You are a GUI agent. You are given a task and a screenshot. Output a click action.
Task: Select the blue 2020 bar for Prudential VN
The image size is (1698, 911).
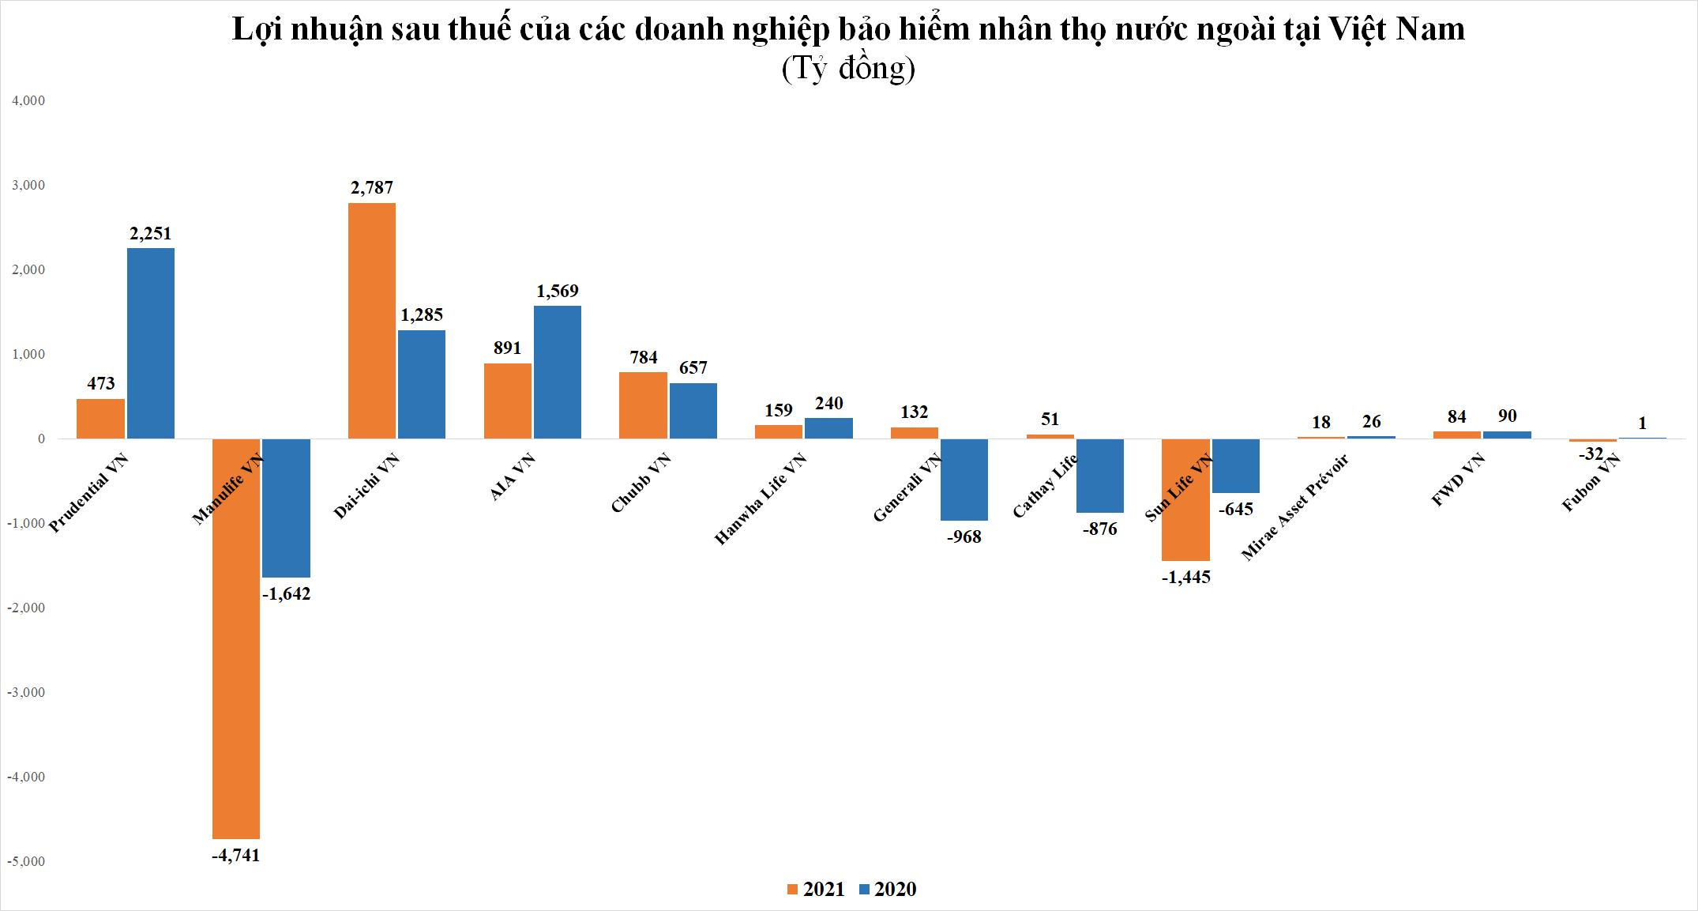coord(151,343)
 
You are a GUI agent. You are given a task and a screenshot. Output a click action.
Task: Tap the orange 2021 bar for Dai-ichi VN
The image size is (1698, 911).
coord(372,321)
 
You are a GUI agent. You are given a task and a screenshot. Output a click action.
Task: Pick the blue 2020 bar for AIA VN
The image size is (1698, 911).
coord(558,372)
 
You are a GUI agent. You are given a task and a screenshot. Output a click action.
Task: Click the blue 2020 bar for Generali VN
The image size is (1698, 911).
coord(964,480)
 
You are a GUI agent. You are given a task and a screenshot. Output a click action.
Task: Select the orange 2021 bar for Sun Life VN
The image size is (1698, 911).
coord(1185,499)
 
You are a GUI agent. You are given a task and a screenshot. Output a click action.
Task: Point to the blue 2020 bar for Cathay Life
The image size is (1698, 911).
coord(1100,476)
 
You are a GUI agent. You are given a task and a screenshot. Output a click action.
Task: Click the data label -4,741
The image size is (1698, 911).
coord(235,855)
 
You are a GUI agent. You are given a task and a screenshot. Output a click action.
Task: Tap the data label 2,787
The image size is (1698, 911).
coord(372,187)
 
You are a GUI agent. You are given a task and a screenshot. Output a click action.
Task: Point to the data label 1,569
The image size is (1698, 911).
coord(558,291)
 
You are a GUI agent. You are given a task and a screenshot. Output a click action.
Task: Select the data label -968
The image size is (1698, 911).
coord(964,536)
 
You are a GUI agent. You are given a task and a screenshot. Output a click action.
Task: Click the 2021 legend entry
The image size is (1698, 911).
coord(816,889)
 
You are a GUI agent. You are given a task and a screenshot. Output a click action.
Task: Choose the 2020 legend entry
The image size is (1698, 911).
coord(888,889)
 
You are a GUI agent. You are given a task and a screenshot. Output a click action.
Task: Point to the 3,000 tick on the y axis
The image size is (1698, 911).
coord(28,185)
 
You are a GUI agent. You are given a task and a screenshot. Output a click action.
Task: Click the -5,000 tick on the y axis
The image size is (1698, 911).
coord(26,861)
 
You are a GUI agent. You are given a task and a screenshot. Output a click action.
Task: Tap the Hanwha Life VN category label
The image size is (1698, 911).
coord(760,499)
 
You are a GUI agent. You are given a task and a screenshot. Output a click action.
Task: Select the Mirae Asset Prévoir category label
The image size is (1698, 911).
coord(1294,508)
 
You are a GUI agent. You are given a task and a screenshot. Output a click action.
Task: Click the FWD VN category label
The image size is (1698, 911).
coord(1458,480)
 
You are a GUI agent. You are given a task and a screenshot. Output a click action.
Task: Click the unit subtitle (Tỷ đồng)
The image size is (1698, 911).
coord(848,68)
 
